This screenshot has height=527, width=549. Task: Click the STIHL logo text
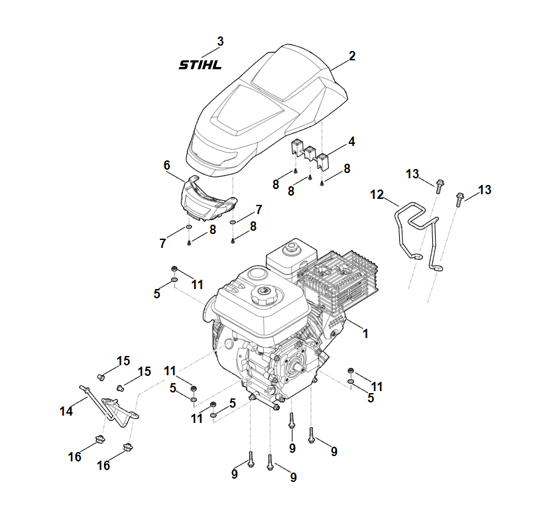[200, 65]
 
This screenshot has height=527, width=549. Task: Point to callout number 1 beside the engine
[365, 333]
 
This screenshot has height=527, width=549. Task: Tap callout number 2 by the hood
[352, 56]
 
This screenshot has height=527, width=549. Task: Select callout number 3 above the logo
[220, 41]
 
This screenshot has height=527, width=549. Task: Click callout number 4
[351, 141]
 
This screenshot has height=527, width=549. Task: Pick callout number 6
[166, 164]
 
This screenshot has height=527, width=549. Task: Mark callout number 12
[377, 194]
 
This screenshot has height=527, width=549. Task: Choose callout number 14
[66, 411]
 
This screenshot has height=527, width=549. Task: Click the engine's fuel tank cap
[264, 293]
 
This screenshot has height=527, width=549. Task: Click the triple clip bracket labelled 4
[310, 152]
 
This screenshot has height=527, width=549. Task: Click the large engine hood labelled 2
[265, 106]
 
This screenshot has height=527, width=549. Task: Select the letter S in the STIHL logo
[184, 65]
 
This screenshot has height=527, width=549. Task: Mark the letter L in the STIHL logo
[216, 65]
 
